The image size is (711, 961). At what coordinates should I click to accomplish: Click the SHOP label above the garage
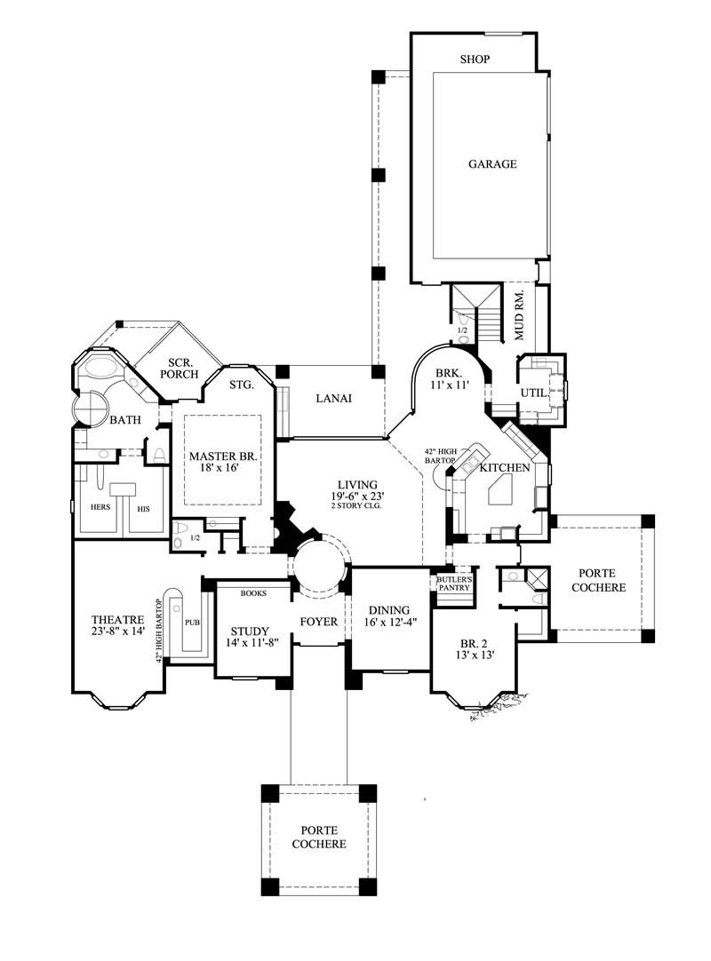tap(475, 60)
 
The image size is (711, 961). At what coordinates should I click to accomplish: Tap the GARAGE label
tap(493, 164)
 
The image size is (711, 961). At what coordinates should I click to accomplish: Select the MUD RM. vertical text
tap(520, 315)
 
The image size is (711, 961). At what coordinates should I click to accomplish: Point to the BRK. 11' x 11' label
tap(449, 380)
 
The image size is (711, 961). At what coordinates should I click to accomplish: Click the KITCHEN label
tap(505, 467)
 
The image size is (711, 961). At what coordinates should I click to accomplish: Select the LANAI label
tap(333, 399)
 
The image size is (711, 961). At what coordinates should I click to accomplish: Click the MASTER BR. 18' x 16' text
tap(222, 463)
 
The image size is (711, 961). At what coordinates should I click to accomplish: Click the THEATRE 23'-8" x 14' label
tap(117, 625)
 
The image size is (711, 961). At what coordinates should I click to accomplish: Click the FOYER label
tap(318, 622)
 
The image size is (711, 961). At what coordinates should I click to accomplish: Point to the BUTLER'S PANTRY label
tap(453, 583)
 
